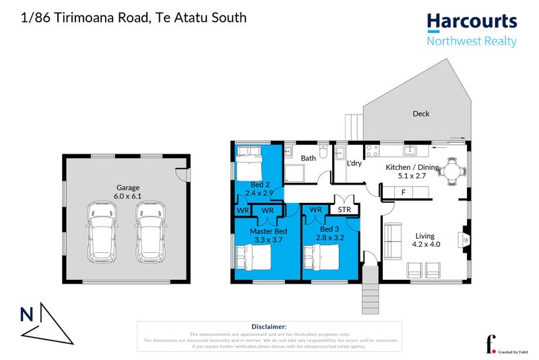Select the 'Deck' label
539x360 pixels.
coord(420,114)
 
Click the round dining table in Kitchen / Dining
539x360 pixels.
coord(451,173)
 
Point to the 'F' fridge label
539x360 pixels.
coord(403,193)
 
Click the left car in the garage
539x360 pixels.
coord(102,229)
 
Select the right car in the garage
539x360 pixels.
coord(150,229)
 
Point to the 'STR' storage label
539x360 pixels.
coord(344,210)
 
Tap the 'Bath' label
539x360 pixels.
coord(308,158)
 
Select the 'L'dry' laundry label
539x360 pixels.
coord(354,163)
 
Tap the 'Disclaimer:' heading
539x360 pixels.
coord(269,326)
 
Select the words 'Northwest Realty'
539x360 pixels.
coord(472,42)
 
